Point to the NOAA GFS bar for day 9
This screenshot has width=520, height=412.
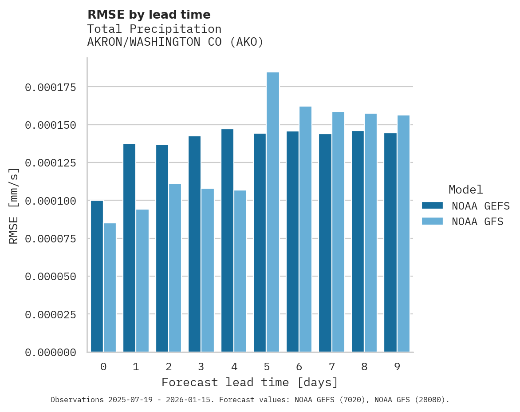(403, 234)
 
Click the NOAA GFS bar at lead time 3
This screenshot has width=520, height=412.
(208, 270)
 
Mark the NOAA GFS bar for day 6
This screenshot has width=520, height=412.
(305, 229)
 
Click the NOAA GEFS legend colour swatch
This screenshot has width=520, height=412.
(432, 206)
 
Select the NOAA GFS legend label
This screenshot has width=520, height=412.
(477, 222)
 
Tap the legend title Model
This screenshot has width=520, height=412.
(465, 190)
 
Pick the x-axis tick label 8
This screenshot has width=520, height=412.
(364, 367)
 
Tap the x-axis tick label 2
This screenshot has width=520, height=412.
(169, 367)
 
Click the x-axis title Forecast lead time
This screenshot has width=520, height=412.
(250, 382)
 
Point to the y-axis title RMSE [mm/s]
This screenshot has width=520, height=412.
(14, 206)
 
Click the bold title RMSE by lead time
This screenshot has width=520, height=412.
(149, 15)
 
